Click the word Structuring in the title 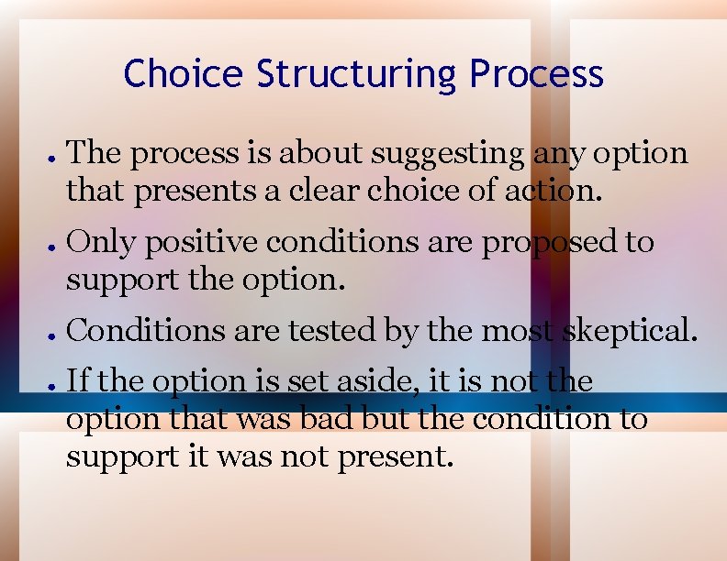tap(357, 74)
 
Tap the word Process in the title tap(536, 74)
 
